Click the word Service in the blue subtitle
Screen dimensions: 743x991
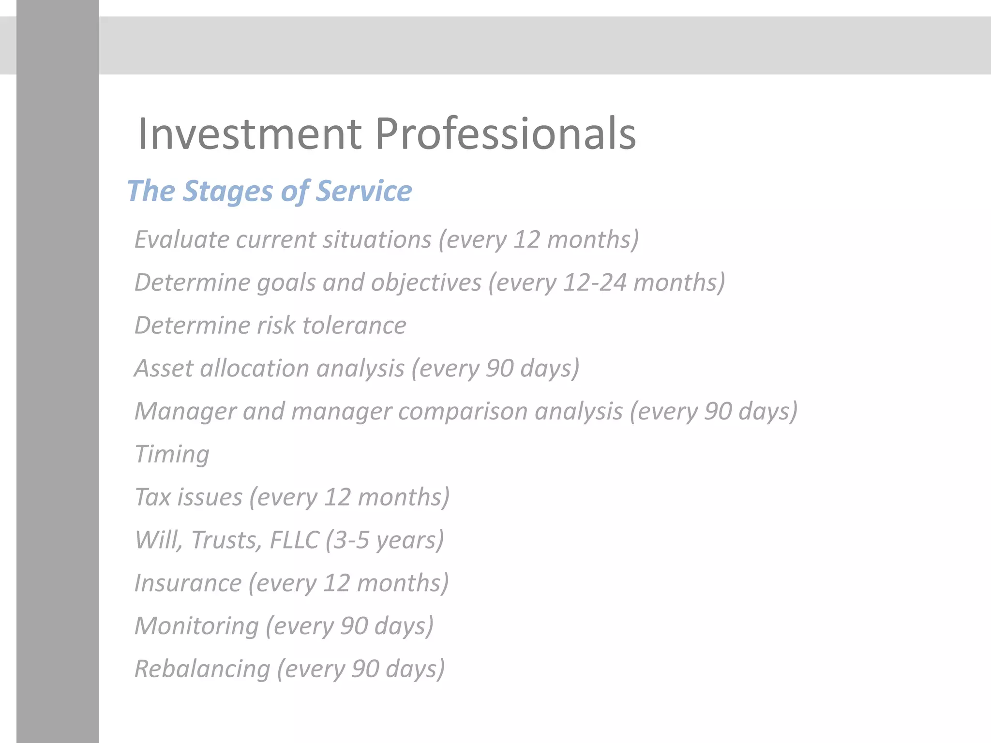[364, 191]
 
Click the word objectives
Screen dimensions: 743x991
[426, 283]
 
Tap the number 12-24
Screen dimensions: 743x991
[595, 282]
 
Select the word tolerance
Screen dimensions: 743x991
[354, 325]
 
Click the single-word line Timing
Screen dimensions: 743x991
[172, 455]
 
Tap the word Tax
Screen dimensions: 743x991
[154, 497]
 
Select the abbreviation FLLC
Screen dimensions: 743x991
[294, 540]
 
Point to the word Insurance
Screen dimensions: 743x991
[188, 583]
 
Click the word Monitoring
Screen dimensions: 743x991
[196, 626]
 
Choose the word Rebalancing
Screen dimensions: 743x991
[202, 669]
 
